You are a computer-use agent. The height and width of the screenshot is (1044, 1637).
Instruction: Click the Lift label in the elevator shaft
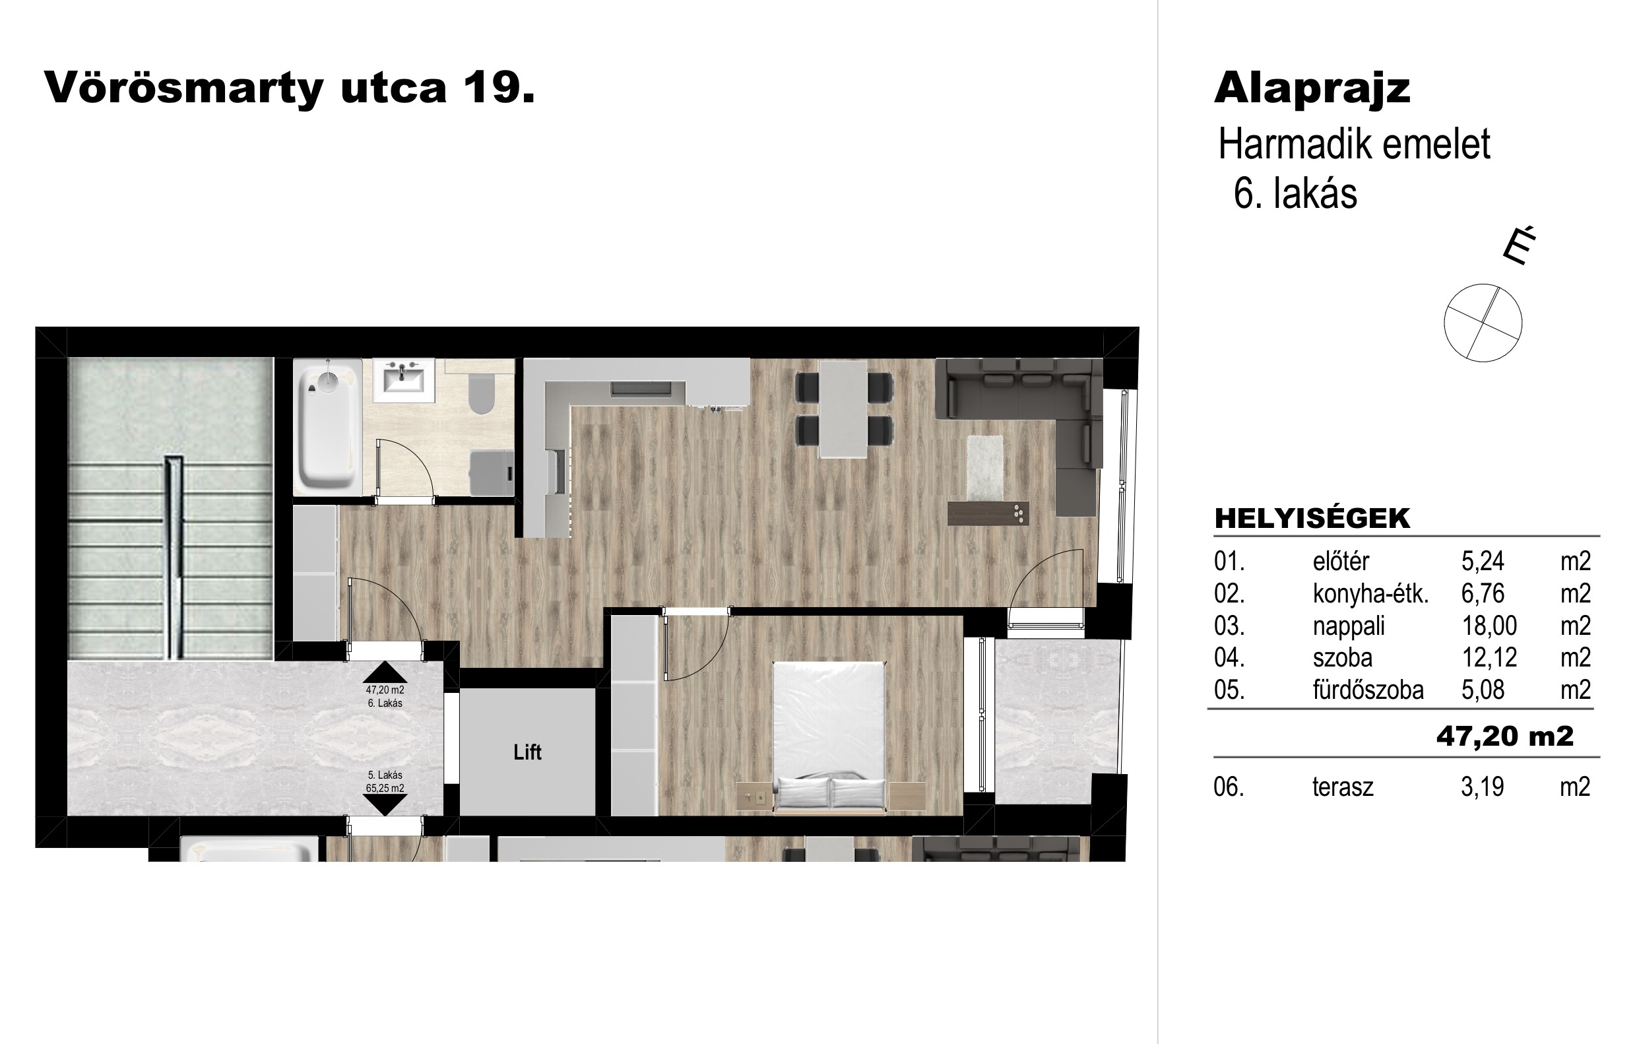click(x=528, y=752)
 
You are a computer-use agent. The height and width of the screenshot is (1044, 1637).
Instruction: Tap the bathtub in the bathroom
click(x=328, y=427)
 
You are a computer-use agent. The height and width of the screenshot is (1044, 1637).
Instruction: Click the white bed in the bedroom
click(x=829, y=736)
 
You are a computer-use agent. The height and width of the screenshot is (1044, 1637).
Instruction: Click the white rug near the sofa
click(x=985, y=467)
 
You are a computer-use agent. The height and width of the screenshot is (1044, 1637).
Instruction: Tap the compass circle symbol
click(x=1483, y=323)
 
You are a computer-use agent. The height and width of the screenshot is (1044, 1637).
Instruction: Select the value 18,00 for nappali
click(x=1489, y=626)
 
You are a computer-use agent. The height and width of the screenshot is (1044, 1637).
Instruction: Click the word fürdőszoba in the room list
click(x=1368, y=690)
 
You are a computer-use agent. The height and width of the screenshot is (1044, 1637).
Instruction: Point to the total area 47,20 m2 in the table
click(x=1504, y=736)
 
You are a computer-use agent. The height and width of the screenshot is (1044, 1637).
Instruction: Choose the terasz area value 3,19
click(x=1482, y=787)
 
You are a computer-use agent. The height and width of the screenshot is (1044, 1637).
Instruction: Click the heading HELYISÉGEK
click(x=1312, y=518)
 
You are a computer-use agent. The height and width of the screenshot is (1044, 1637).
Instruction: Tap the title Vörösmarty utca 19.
click(x=290, y=88)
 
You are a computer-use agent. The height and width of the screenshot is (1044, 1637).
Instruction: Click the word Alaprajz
click(x=1312, y=88)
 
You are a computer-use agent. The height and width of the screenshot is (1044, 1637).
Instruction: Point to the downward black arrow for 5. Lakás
click(x=385, y=804)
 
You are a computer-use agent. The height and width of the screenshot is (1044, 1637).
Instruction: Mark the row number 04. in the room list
click(x=1229, y=658)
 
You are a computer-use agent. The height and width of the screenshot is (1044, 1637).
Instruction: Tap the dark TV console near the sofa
click(x=988, y=513)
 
